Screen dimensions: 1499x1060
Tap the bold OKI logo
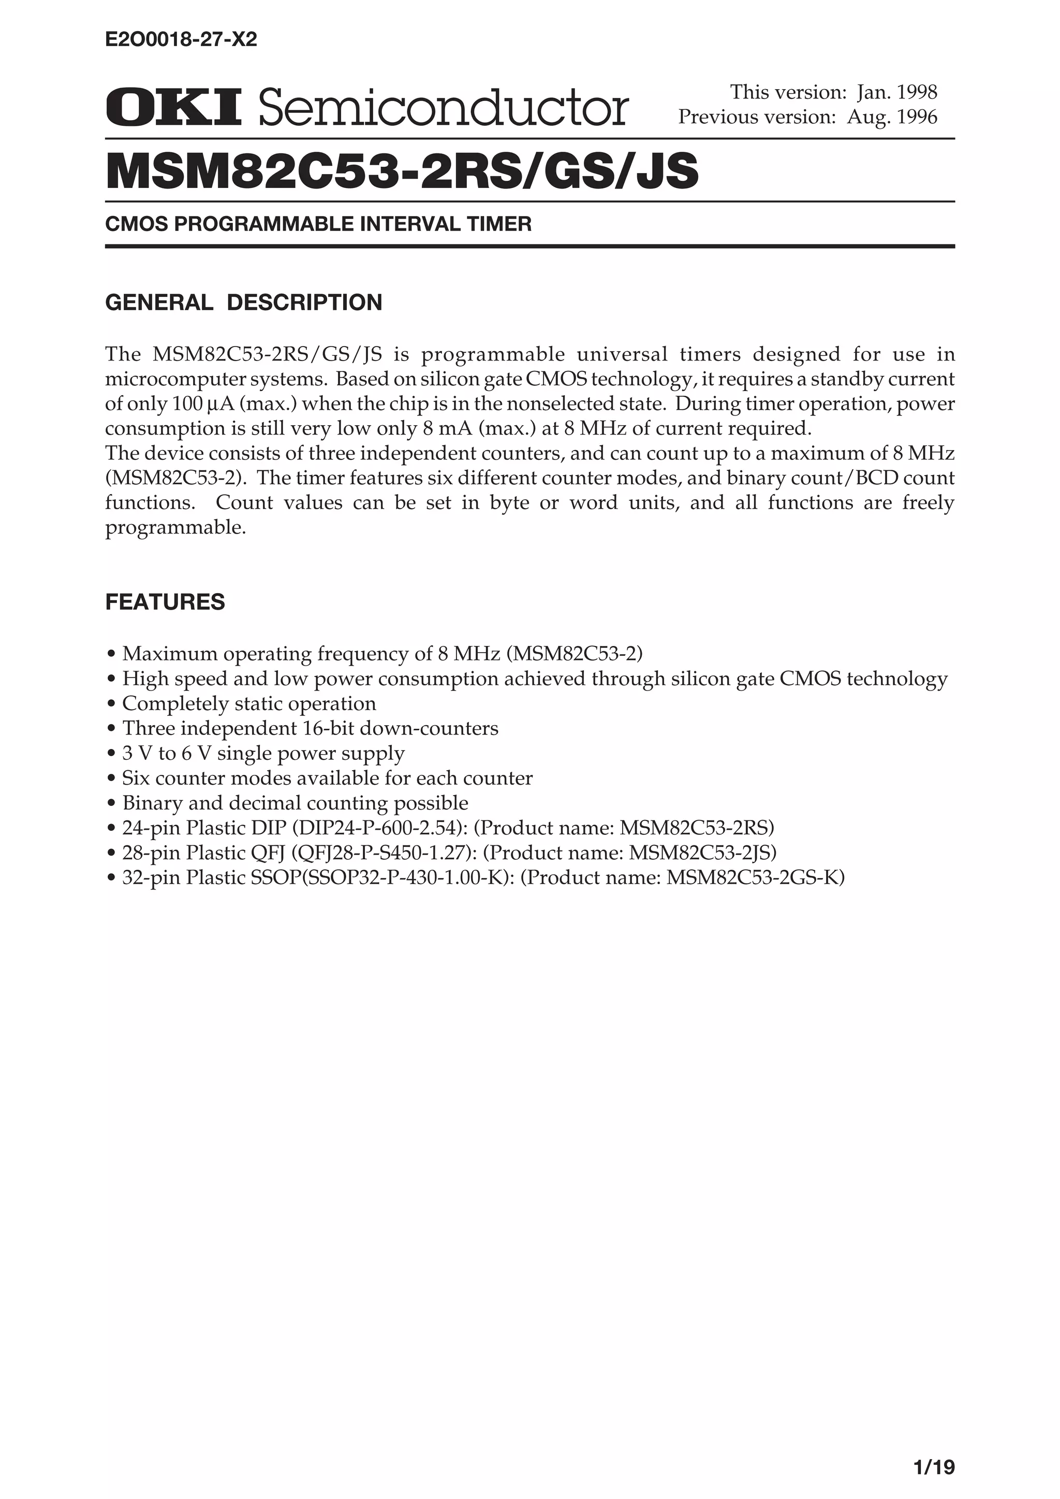[x=173, y=108]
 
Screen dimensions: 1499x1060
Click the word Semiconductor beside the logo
[x=444, y=108]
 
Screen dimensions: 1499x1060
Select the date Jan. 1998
[x=897, y=92]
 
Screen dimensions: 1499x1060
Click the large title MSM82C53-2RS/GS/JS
[x=402, y=171]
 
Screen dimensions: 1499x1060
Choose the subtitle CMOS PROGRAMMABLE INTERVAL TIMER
[x=318, y=224]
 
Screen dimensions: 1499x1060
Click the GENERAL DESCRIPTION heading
[x=243, y=302]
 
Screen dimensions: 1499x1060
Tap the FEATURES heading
[x=165, y=601]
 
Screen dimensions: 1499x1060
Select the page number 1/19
[x=934, y=1449]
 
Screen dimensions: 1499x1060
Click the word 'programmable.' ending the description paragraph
[x=176, y=528]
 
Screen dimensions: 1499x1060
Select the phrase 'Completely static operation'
[x=249, y=703]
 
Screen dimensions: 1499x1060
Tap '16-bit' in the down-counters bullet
[x=329, y=728]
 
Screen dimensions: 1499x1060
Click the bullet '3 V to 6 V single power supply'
[x=263, y=753]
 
